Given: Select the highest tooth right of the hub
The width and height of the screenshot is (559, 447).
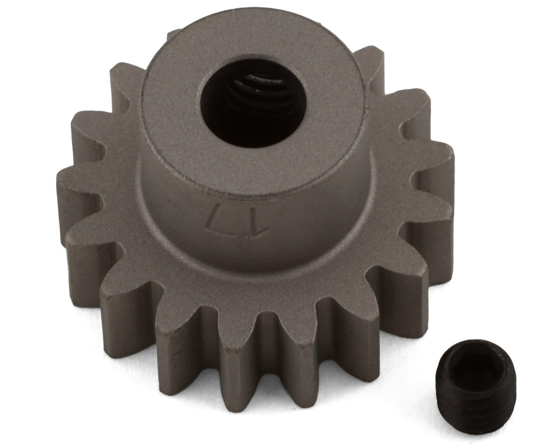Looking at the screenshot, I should tap(370, 61).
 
